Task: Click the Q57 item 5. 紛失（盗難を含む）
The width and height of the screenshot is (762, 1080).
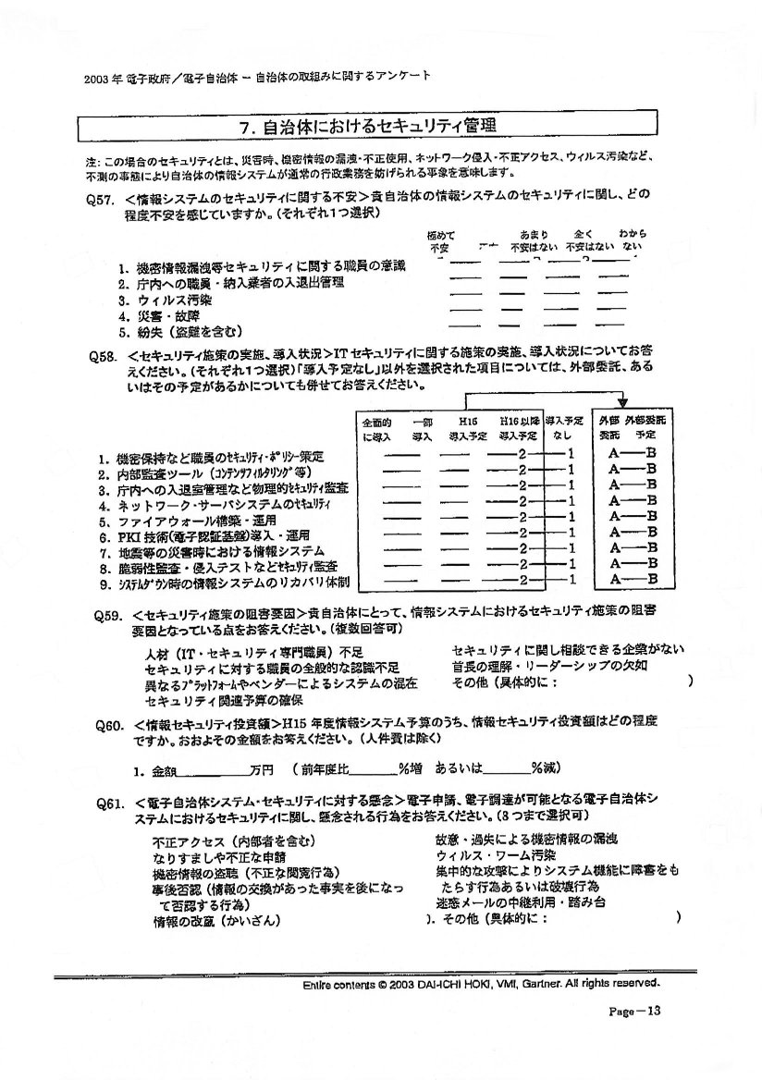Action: coord(179,331)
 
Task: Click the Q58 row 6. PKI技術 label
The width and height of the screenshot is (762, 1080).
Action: coord(199,535)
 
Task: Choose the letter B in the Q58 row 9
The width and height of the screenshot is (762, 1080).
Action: coord(651,579)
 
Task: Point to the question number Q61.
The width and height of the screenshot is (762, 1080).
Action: coord(109,803)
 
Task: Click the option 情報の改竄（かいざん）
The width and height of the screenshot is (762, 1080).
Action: coord(216,920)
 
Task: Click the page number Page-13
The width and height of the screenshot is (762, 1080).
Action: coord(634,1011)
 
